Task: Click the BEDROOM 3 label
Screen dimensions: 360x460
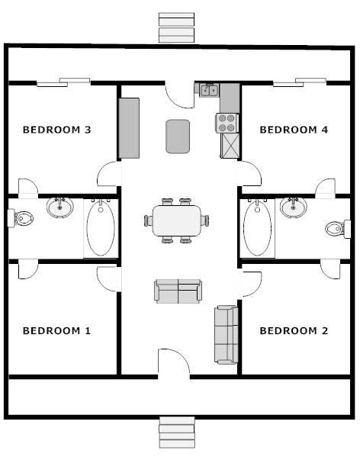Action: click(57, 130)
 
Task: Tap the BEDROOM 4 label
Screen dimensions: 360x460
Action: click(294, 130)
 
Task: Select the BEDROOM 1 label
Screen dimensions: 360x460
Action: click(57, 331)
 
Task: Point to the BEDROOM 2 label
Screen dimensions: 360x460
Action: click(294, 331)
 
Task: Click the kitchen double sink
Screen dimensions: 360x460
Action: click(209, 90)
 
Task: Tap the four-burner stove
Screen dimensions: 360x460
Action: click(227, 123)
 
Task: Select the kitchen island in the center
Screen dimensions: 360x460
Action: click(178, 137)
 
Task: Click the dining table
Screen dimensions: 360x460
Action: click(177, 220)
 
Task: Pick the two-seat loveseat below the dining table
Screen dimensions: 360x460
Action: click(178, 291)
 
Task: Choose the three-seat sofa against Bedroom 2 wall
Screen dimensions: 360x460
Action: click(226, 335)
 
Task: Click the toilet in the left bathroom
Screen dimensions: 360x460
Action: click(21, 218)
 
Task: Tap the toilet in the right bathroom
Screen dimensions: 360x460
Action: click(338, 229)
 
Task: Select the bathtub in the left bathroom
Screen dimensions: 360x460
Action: click(101, 229)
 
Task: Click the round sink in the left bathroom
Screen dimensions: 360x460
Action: click(59, 207)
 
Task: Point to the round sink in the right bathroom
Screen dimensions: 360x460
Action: click(294, 207)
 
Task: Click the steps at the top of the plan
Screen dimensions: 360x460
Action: click(176, 27)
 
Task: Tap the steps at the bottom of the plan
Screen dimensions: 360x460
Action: click(177, 433)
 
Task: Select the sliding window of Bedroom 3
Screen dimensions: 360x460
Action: click(63, 82)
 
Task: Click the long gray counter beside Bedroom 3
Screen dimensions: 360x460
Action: click(129, 128)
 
